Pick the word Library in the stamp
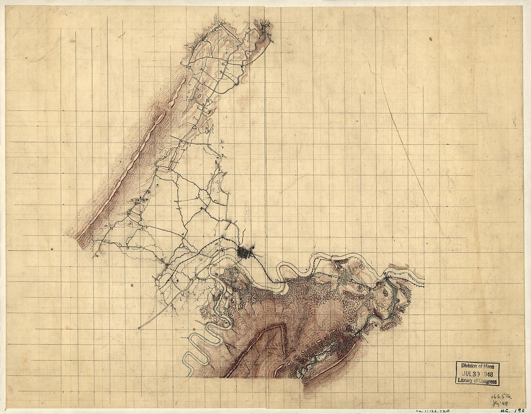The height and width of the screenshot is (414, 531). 466,381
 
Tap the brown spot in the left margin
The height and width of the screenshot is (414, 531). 52,249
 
